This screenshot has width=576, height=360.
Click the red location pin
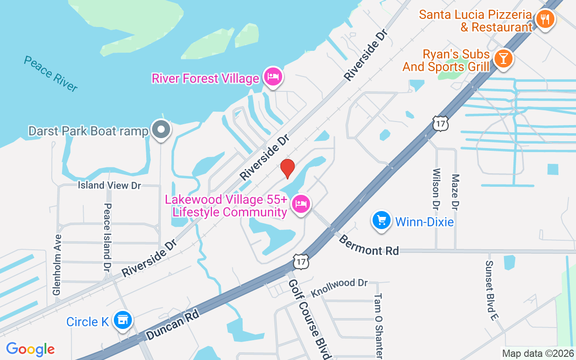[x=287, y=168]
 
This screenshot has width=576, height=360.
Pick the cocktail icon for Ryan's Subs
[x=503, y=58]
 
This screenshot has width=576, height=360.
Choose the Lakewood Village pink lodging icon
[x=301, y=205]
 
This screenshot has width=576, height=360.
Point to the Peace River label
[x=51, y=74]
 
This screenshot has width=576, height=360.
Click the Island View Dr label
[x=109, y=185]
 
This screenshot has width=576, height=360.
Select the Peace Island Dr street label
[x=107, y=237]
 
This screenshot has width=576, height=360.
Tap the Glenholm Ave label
[x=57, y=265]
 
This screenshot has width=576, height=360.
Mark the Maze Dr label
[x=455, y=192]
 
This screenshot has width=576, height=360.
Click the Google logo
[x=31, y=349]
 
